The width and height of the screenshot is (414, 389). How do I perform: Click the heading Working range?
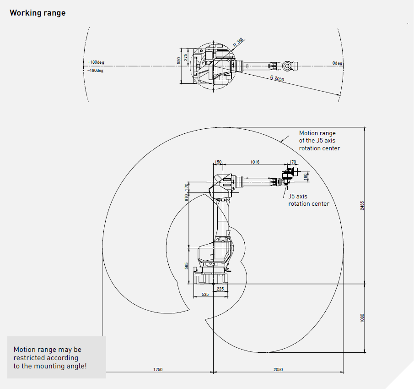point(38,13)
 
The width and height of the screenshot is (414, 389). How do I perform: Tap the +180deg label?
point(96,62)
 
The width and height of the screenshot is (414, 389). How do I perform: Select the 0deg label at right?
point(337,63)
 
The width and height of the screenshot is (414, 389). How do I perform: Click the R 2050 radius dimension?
point(277,79)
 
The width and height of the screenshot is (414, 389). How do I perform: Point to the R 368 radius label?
point(238,42)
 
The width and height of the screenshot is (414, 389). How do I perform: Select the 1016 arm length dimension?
point(255,162)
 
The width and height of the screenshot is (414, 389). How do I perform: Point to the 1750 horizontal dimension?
point(158,369)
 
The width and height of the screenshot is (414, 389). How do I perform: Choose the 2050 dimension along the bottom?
point(278,369)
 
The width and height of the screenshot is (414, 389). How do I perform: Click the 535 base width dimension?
point(205,295)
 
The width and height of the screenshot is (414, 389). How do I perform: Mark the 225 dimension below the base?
point(220,289)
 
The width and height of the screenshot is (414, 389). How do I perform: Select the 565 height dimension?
point(187,266)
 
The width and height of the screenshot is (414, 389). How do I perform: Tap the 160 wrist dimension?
point(306,175)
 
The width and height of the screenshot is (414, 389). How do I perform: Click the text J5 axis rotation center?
point(308,200)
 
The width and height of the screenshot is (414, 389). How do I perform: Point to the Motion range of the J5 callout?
point(319,141)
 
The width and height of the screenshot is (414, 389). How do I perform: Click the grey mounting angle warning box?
point(56,357)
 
